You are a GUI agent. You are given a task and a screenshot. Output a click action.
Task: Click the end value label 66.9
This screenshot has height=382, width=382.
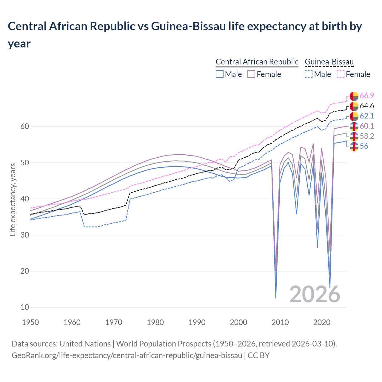click(367, 96)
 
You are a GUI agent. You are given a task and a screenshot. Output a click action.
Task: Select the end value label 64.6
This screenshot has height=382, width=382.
click(367, 106)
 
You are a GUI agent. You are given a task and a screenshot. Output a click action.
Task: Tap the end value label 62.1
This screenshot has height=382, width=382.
click(367, 116)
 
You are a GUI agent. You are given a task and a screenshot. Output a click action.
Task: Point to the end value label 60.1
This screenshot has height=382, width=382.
click(367, 126)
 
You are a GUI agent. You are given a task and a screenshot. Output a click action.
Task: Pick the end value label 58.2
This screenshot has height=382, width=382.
click(367, 136)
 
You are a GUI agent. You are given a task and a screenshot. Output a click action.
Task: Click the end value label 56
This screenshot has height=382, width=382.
click(364, 146)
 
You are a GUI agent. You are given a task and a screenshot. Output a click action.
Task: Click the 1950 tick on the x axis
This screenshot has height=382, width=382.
click(31, 323)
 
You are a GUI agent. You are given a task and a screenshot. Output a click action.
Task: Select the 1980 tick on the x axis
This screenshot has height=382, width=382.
click(155, 323)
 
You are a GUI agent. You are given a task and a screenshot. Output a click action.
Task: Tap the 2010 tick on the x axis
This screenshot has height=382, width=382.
click(280, 323)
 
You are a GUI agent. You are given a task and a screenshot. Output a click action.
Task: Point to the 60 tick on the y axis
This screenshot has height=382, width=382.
click(25, 127)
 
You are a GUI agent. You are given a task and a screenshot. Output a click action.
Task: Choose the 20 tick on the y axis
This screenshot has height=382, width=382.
click(25, 271)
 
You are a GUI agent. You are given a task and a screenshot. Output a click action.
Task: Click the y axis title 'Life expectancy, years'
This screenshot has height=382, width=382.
click(13, 200)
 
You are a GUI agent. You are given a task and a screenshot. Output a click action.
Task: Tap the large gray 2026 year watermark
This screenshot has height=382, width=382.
click(315, 295)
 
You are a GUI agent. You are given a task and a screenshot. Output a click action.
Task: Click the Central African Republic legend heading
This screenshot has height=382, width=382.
click(257, 62)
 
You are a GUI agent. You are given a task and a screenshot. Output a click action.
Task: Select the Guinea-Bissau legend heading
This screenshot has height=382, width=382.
click(329, 62)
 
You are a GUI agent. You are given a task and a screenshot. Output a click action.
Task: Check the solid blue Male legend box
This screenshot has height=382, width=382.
click(220, 74)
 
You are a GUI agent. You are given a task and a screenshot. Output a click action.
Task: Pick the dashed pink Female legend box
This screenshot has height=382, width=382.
click(340, 74)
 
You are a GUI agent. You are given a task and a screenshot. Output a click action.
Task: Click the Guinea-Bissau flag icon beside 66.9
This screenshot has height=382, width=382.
click(354, 96)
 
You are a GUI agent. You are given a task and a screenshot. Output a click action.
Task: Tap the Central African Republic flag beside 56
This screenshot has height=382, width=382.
click(354, 147)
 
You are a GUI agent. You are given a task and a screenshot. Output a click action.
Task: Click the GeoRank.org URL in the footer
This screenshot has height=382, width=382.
click(127, 355)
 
